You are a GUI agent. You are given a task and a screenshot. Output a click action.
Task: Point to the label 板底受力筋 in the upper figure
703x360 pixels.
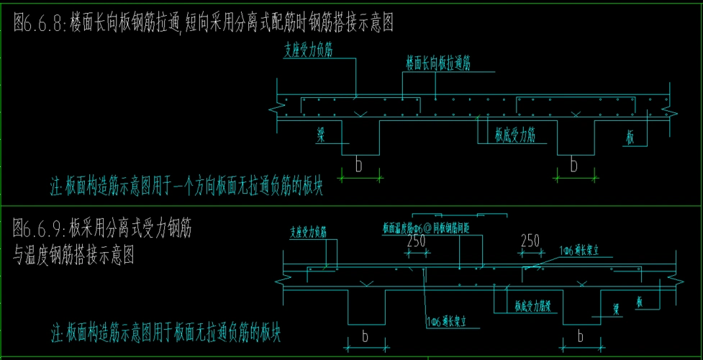514,133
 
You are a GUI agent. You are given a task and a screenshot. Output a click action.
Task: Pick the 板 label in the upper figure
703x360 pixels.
630,138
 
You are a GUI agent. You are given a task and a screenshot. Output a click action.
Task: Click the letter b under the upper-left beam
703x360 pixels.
358,166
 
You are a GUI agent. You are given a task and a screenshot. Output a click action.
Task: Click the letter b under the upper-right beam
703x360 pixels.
573,166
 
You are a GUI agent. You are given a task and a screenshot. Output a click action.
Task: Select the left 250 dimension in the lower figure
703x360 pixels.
416,241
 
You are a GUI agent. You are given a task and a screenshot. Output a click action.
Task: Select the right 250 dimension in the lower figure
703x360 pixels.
530,241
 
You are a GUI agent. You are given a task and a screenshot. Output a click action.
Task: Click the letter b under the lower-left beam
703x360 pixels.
364,336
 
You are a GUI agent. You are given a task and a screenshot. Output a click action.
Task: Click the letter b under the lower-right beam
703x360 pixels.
580,336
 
